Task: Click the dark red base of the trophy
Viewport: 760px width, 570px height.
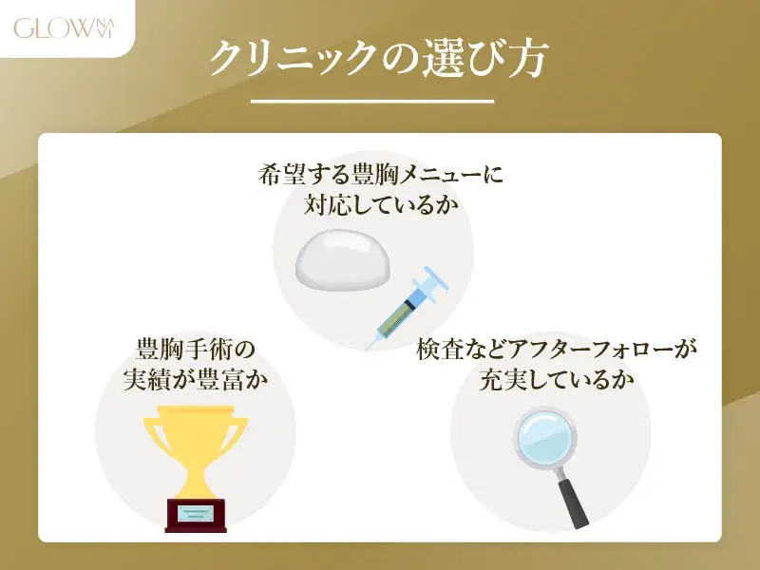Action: [198, 514]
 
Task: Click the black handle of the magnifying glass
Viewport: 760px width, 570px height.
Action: [575, 501]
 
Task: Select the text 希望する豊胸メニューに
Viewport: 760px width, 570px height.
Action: [379, 176]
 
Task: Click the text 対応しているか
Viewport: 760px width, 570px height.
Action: [379, 203]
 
